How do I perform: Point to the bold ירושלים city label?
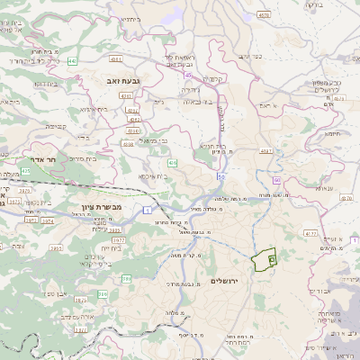(229, 281)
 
